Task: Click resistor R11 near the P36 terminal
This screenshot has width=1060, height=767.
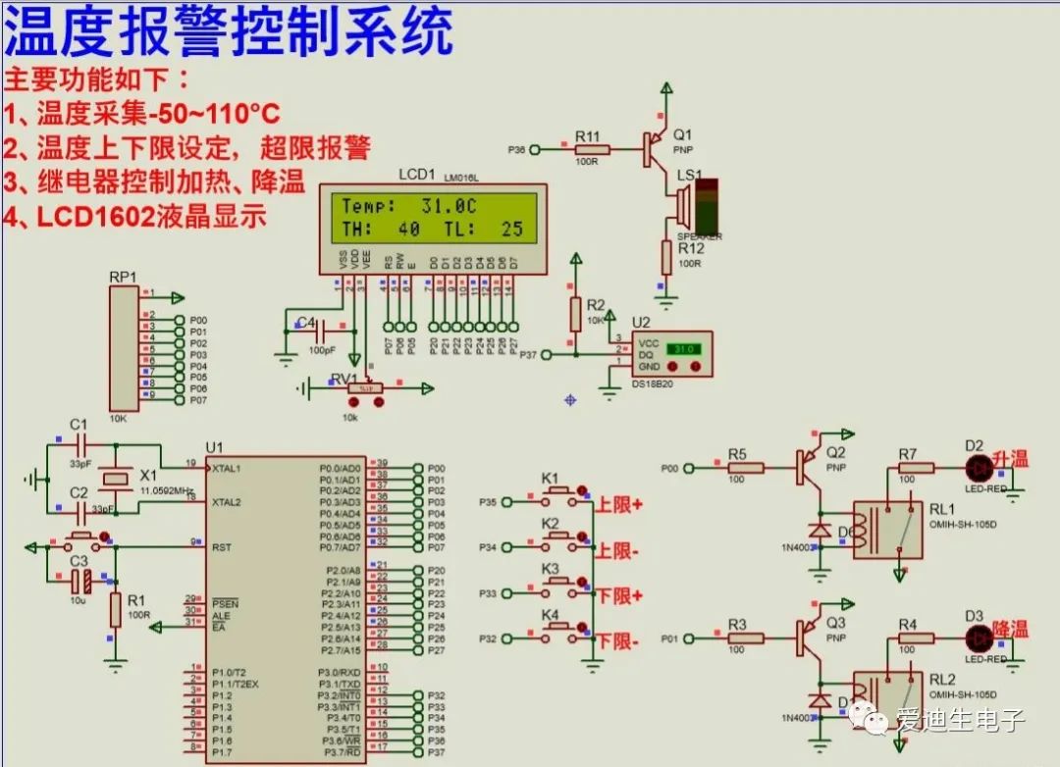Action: tap(592, 150)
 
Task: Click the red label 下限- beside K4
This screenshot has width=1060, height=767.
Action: tap(618, 641)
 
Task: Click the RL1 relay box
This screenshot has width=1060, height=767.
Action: tap(887, 530)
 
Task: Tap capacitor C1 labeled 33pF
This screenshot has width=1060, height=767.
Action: tap(79, 443)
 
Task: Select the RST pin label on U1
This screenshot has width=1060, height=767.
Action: tap(222, 547)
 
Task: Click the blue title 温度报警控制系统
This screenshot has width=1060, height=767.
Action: tap(228, 31)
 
